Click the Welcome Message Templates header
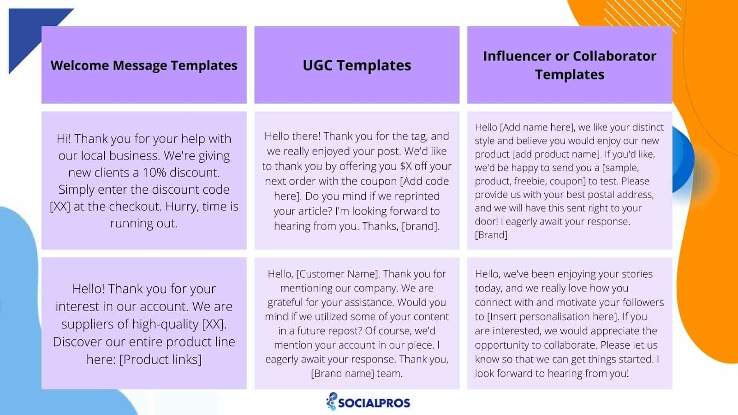point(143,65)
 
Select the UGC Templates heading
point(357,65)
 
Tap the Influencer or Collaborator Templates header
point(570,65)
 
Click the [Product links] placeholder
point(161,359)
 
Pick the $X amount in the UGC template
point(406,166)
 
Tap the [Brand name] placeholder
point(343,373)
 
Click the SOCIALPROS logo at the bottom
point(368,402)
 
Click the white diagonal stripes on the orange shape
point(643,15)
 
